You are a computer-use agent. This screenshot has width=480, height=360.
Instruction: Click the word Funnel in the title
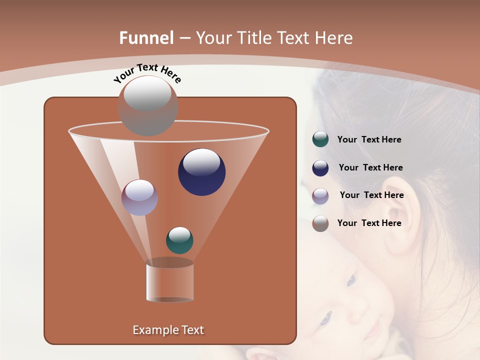tap(146, 38)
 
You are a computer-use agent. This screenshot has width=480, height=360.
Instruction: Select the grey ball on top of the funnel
tap(148, 105)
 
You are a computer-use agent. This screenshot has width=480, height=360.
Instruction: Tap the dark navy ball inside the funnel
tap(202, 172)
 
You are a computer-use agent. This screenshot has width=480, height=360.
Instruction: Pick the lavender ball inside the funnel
tap(140, 197)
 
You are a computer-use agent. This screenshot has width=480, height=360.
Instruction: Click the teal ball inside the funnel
tap(179, 240)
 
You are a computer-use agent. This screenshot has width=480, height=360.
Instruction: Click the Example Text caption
tap(168, 330)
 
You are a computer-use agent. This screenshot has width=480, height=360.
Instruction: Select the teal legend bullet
tap(320, 139)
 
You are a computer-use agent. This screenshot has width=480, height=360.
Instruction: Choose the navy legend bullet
tap(320, 168)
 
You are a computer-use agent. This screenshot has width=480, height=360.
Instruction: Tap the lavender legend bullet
tap(320, 195)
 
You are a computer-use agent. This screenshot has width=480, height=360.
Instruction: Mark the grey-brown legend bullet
tap(320, 223)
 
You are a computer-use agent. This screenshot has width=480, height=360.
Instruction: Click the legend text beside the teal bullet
tap(369, 139)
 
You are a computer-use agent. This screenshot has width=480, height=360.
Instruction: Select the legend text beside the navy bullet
tap(370, 167)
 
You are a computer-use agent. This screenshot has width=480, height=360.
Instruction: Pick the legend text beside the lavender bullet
tap(371, 195)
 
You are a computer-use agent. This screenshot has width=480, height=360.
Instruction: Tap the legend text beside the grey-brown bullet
tap(369, 223)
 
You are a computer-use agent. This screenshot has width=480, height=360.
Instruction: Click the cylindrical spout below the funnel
tap(170, 282)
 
